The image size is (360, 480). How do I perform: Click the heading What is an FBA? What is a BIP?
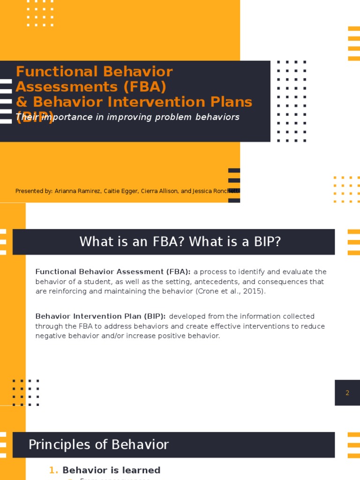180,242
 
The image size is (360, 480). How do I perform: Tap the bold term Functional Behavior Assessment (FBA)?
113,272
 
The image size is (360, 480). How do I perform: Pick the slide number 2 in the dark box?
347,393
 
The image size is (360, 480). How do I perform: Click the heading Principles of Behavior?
98,444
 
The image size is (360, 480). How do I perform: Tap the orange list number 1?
53,470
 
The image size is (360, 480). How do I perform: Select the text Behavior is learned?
112,470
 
